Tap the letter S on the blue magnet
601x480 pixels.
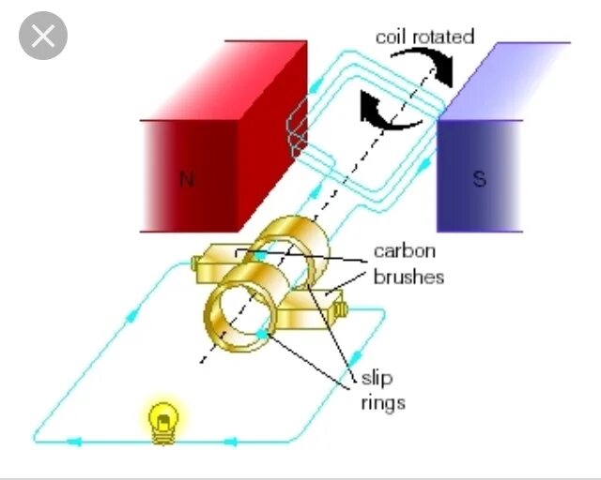[480, 178]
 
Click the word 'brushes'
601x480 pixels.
[408, 277]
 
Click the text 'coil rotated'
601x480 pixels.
[424, 37]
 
